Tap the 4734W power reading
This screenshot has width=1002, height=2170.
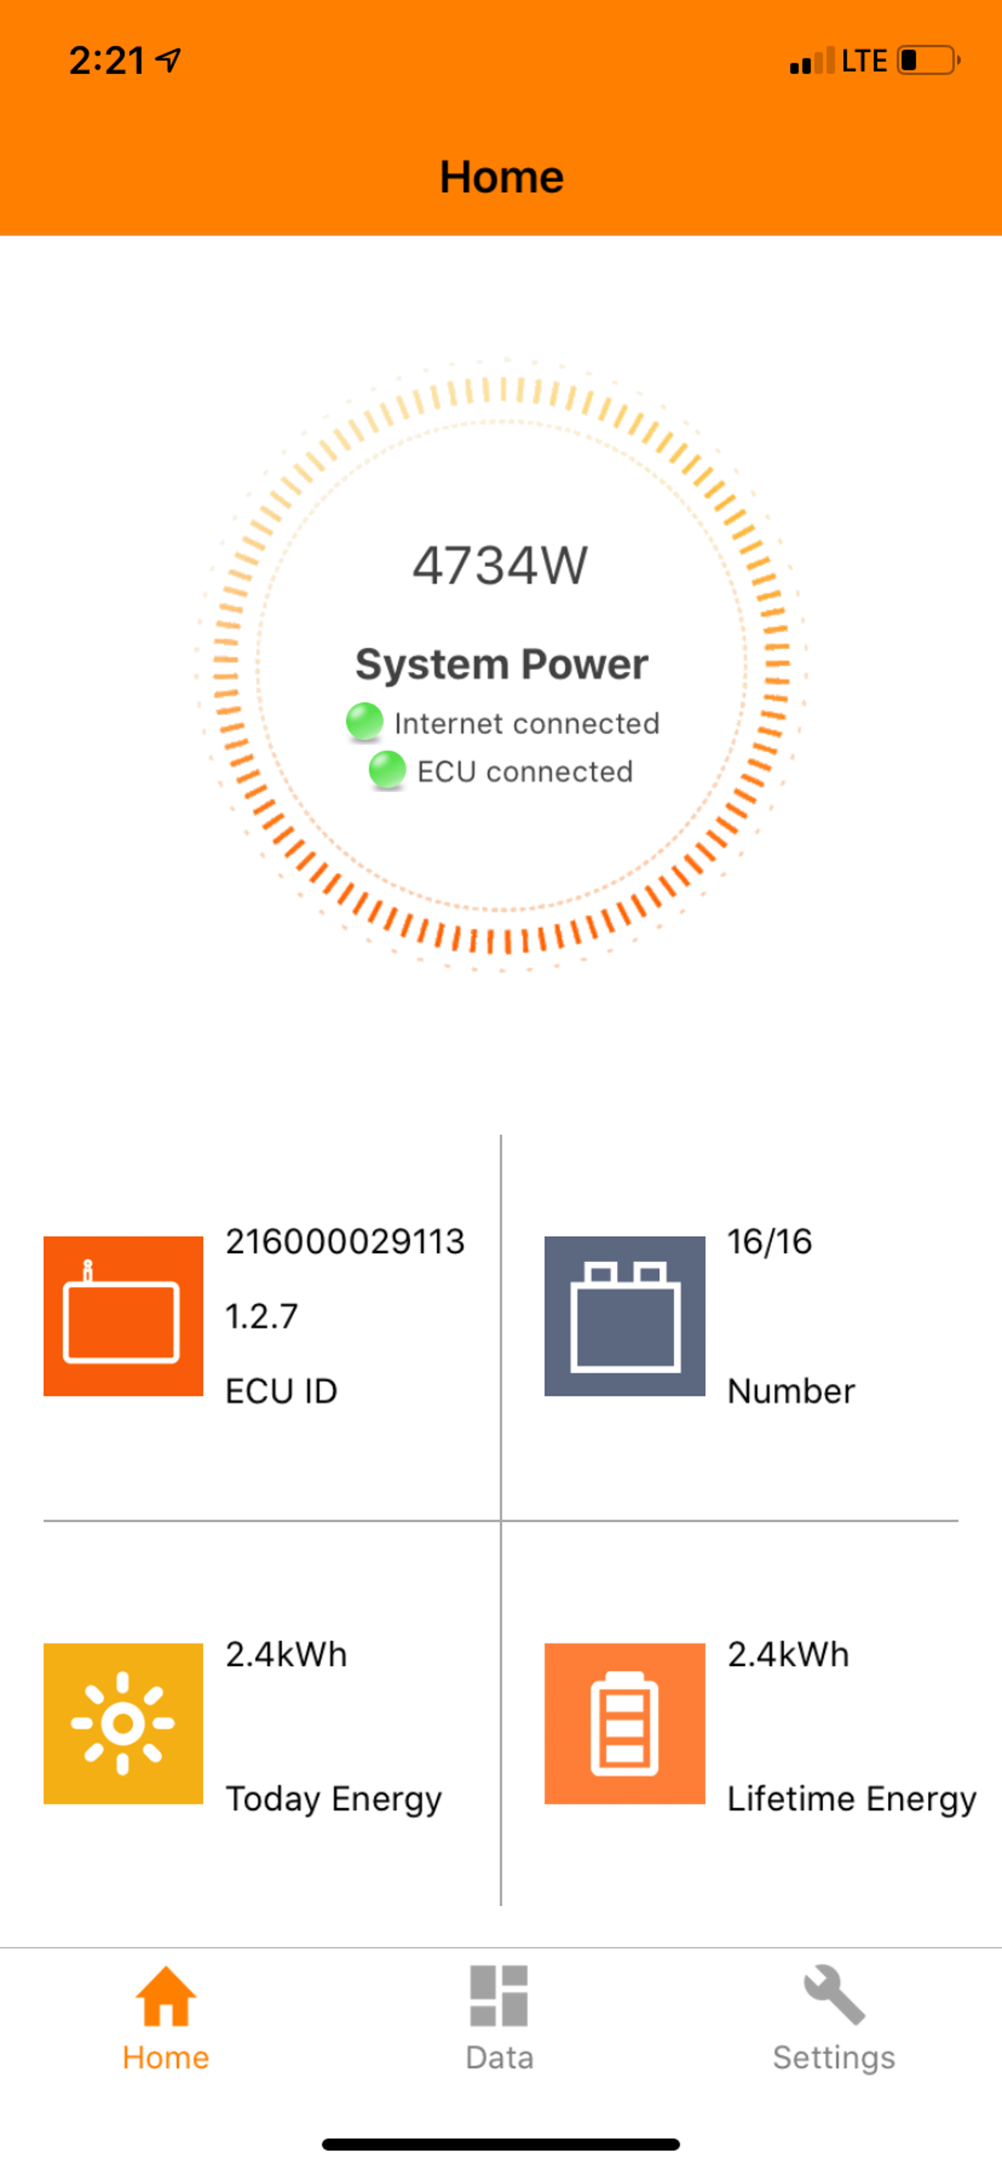point(500,565)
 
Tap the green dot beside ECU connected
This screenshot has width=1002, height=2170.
point(387,769)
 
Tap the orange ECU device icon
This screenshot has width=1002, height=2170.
point(123,1316)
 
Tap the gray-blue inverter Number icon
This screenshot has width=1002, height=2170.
point(625,1316)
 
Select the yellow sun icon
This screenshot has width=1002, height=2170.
point(123,1723)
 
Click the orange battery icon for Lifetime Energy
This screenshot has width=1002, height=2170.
point(625,1723)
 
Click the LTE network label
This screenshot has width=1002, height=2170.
point(864,61)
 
